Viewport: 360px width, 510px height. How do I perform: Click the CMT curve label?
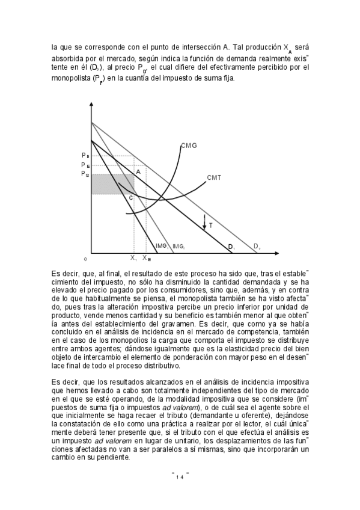click(215, 178)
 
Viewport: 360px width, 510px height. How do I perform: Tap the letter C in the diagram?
click(130, 197)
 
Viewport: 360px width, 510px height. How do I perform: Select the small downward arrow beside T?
click(204, 220)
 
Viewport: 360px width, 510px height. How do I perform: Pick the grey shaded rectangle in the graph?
click(112, 184)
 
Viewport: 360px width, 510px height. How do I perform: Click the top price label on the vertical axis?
click(85, 156)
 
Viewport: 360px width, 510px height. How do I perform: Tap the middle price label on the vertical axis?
click(85, 165)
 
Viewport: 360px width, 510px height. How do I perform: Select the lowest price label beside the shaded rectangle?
click(85, 174)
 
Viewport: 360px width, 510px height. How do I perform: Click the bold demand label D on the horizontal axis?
click(230, 247)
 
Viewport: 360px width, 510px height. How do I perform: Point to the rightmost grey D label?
click(256, 246)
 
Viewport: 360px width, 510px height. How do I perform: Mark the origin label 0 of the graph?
click(86, 259)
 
